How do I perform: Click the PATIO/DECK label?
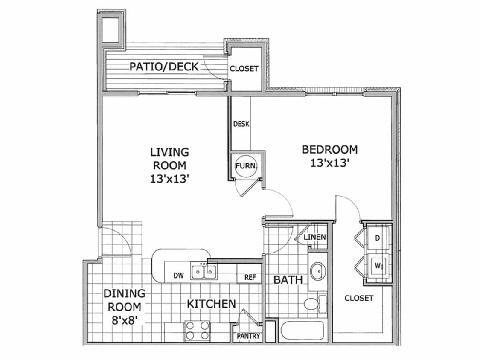point(164,67)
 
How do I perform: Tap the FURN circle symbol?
point(245,165)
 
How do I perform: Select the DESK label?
point(241,125)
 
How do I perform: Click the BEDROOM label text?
point(329,150)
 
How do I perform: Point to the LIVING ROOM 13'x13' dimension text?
point(169,179)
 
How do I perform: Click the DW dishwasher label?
point(179,276)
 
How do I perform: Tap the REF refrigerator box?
point(250,277)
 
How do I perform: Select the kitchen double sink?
point(204,271)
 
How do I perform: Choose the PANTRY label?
point(248,336)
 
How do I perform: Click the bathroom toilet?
point(311,304)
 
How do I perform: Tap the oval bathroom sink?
point(318,272)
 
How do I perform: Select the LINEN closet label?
point(315,237)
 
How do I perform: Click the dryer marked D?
point(378,238)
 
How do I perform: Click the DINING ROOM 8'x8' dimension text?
point(124,319)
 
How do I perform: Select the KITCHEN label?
point(211,304)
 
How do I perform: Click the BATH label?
point(288,280)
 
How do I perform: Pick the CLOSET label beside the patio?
point(244,68)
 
